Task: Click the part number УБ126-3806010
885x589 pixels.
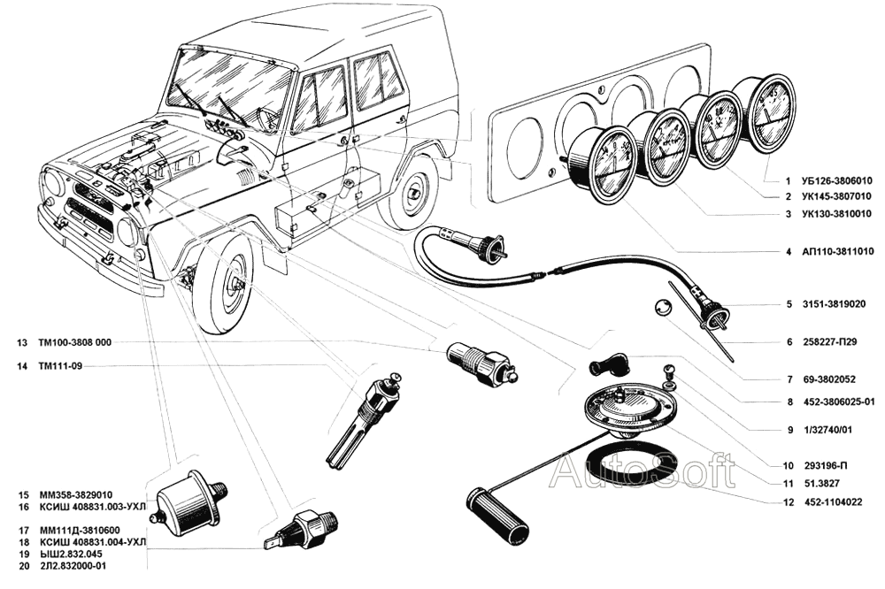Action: tap(836, 181)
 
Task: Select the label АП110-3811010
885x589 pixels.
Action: tap(837, 252)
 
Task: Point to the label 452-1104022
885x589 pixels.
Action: tap(833, 502)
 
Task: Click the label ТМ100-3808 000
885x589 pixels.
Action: tap(75, 342)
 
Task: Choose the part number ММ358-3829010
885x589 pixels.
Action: tap(74, 494)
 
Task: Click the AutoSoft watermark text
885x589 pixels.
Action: tap(643, 471)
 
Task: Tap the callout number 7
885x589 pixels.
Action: tap(789, 379)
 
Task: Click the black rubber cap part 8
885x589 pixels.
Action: tap(609, 366)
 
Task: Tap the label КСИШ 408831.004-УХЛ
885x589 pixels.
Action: tap(94, 542)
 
